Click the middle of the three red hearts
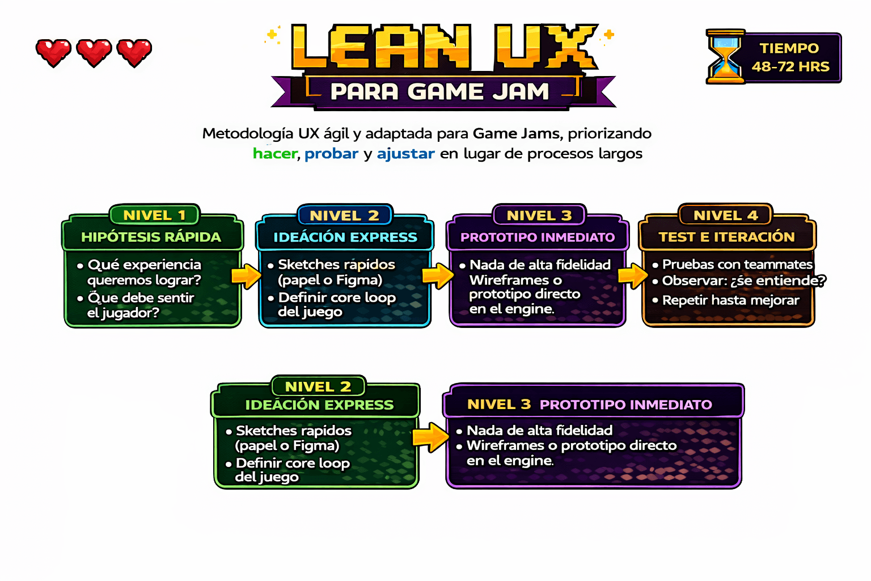click(94, 53)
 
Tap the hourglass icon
click(725, 57)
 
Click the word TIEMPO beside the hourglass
click(789, 48)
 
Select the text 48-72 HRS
click(790, 67)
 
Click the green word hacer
click(275, 154)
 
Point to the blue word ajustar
click(405, 154)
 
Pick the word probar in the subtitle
click(331, 154)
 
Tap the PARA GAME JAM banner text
click(439, 91)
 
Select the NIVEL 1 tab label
click(154, 216)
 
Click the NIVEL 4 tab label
click(725, 216)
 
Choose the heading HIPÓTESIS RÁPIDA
click(151, 237)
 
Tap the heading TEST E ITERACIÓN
click(726, 237)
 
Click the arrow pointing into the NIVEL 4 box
click(632, 276)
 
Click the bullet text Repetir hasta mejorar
click(730, 300)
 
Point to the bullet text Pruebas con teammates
click(737, 264)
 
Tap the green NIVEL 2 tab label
click(318, 387)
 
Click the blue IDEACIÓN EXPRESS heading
click(345, 237)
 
